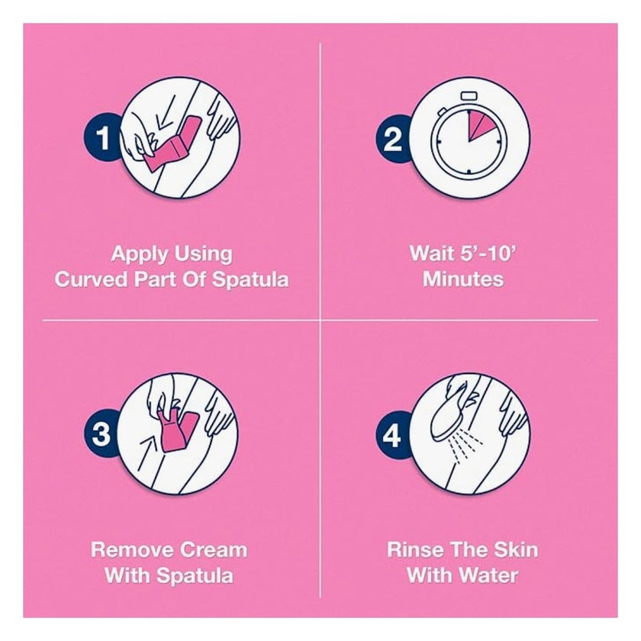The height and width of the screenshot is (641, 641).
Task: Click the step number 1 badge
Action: tap(102, 138)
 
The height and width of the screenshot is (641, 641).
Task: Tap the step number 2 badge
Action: tap(393, 139)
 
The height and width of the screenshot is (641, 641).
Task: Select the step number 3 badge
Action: tap(101, 433)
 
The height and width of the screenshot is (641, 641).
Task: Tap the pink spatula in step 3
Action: tap(175, 430)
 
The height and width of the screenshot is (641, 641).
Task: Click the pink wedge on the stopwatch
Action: tap(478, 125)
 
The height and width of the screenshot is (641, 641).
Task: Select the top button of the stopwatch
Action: tap(469, 96)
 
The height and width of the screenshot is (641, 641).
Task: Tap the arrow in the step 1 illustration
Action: tap(166, 111)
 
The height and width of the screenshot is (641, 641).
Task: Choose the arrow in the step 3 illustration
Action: tap(147, 453)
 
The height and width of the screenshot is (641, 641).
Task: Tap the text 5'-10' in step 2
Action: tap(487, 253)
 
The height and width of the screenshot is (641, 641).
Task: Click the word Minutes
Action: tap(462, 279)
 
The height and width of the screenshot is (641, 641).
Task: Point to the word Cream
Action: tap(214, 550)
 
